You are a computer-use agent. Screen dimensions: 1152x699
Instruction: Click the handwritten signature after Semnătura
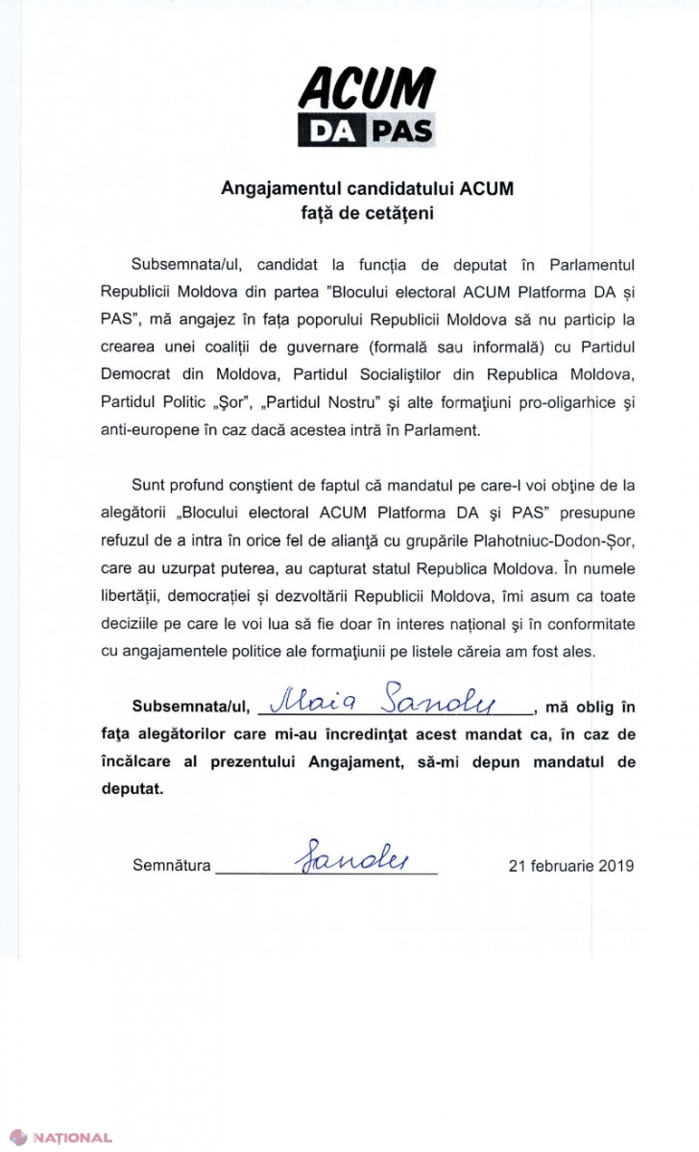[326, 852]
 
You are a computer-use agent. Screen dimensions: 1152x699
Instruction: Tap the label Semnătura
[172, 865]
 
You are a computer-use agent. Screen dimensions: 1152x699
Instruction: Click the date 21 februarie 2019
[570, 865]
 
